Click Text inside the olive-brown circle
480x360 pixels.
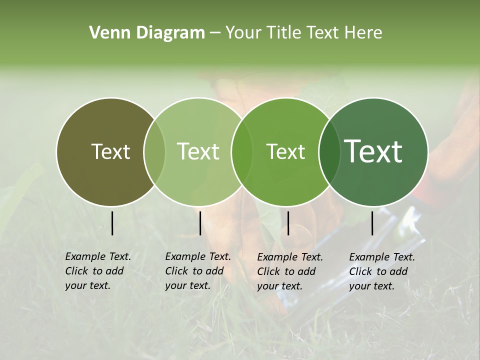tap(110, 151)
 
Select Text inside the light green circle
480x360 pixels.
tap(198, 151)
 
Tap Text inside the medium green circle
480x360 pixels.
tap(285, 151)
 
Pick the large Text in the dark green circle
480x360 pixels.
tap(373, 151)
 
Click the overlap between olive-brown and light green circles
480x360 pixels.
tap(154, 151)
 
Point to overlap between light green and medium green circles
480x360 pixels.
tap(242, 151)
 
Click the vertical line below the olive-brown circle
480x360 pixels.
tap(112, 223)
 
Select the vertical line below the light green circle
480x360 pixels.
tap(200, 223)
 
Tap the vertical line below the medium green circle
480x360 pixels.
tap(288, 223)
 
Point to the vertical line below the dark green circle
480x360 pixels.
tap(372, 223)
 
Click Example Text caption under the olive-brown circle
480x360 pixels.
tap(97, 271)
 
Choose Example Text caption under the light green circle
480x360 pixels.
tap(197, 271)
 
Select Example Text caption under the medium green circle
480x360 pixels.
tap(289, 271)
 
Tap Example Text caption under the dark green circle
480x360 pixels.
tap(381, 271)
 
